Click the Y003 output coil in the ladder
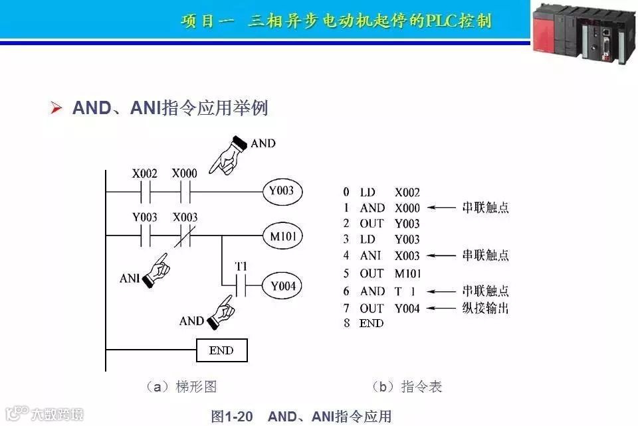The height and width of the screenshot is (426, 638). (282, 192)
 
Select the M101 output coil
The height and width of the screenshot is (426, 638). (282, 236)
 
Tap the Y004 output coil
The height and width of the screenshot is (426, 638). (282, 286)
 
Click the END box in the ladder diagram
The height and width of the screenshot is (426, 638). (222, 350)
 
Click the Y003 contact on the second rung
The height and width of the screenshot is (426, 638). (145, 236)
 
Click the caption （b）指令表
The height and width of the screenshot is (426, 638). (406, 386)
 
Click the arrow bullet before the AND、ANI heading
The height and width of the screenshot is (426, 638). (56, 108)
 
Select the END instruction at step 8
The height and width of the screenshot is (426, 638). (372, 323)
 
